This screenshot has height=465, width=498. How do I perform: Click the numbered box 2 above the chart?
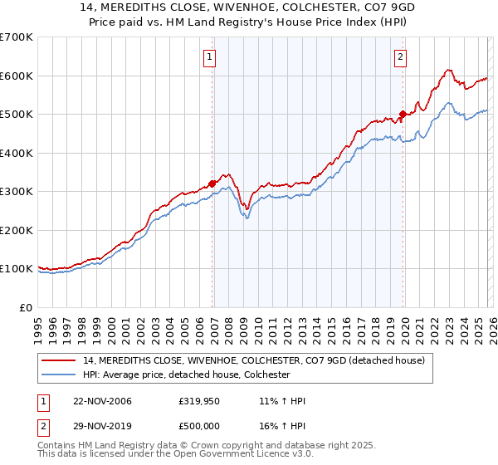point(400,57)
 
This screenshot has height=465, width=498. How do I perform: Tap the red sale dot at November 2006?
point(212,184)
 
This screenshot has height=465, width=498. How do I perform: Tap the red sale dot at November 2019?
point(403,115)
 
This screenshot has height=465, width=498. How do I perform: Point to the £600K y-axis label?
point(17,76)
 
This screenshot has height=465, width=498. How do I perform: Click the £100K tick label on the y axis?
point(17,269)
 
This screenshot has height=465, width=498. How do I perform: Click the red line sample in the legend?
point(60,360)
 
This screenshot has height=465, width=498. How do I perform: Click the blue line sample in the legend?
point(60,374)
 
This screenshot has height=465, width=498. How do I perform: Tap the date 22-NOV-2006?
point(96,401)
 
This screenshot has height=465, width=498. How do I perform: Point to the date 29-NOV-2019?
point(96,426)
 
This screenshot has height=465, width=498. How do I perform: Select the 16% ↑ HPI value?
point(282,426)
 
